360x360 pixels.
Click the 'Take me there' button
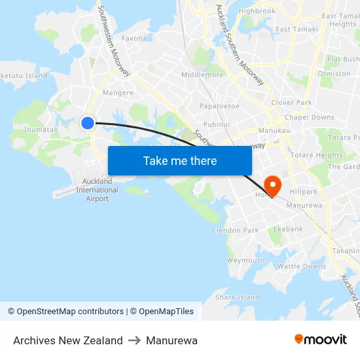[x=180, y=160]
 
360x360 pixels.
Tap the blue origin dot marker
[x=88, y=122]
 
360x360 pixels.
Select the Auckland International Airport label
[x=97, y=190]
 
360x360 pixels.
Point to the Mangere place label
[x=118, y=93]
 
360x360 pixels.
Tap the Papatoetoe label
[x=219, y=105]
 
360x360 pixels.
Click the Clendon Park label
[x=235, y=230]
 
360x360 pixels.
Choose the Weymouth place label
[x=245, y=261]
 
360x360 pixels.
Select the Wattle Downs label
[x=302, y=266]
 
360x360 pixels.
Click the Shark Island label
[x=238, y=297]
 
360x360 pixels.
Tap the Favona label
[x=134, y=39]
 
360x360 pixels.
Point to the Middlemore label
[x=202, y=75]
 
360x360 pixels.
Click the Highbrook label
[x=257, y=11]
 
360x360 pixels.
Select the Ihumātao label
[x=41, y=130]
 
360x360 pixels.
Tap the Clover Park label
[x=291, y=103]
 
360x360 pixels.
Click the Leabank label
[x=288, y=229]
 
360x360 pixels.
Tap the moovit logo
[x=320, y=340]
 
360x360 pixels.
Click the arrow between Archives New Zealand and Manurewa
[x=134, y=340]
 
